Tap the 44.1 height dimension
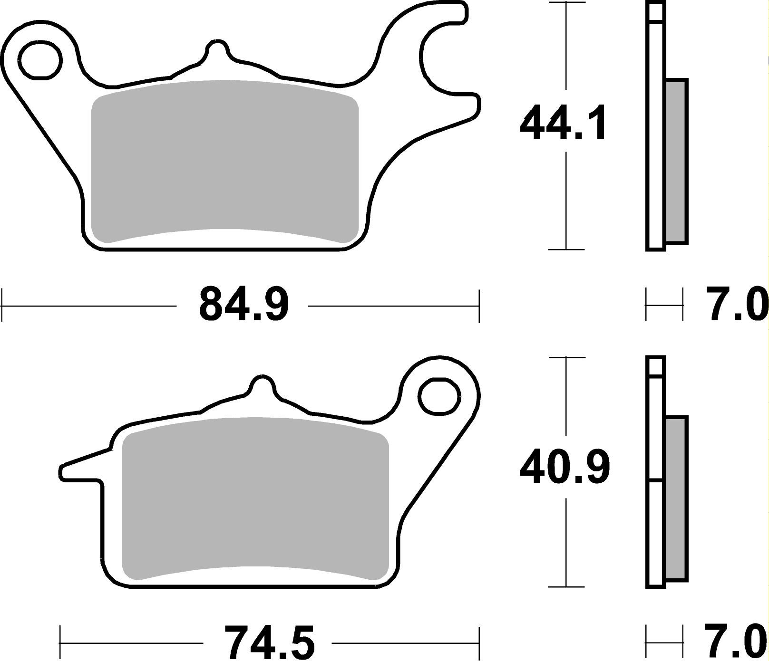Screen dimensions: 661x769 [x=563, y=123]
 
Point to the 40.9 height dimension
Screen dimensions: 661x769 [x=564, y=468]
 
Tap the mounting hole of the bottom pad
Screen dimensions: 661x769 [x=440, y=396]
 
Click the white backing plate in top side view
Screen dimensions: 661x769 [x=656, y=143]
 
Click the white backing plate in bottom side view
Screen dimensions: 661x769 [x=656, y=523]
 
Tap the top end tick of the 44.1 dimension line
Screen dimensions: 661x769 [x=565, y=2]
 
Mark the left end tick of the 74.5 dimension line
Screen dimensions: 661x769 [x=61, y=642]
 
